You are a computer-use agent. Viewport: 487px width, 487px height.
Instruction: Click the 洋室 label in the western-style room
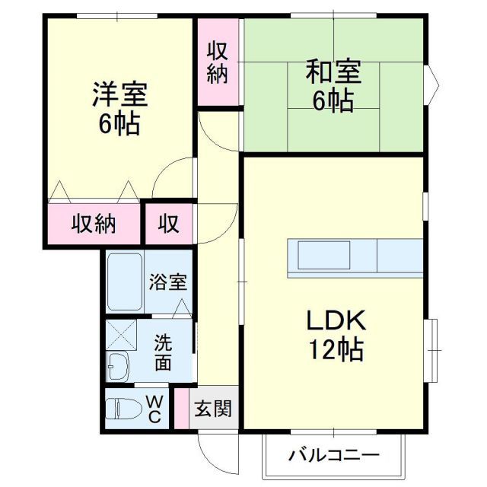(119, 94)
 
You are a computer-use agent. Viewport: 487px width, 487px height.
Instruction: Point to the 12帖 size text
(336, 349)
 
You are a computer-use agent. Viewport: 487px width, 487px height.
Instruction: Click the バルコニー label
(333, 456)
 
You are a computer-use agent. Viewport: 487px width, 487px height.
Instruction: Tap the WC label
(153, 409)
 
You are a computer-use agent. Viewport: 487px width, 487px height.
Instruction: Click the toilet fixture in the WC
(121, 409)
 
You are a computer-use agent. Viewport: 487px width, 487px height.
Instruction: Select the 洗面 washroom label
(163, 352)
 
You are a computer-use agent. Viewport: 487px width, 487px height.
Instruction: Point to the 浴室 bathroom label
(168, 282)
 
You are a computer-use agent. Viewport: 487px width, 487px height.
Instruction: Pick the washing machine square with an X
(120, 335)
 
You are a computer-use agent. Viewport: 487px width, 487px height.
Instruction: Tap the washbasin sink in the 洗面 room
(118, 368)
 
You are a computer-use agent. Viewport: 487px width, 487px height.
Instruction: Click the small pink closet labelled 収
(169, 224)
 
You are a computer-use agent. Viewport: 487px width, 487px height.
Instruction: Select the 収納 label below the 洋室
(94, 224)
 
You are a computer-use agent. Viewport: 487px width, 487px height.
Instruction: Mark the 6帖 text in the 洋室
(119, 123)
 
